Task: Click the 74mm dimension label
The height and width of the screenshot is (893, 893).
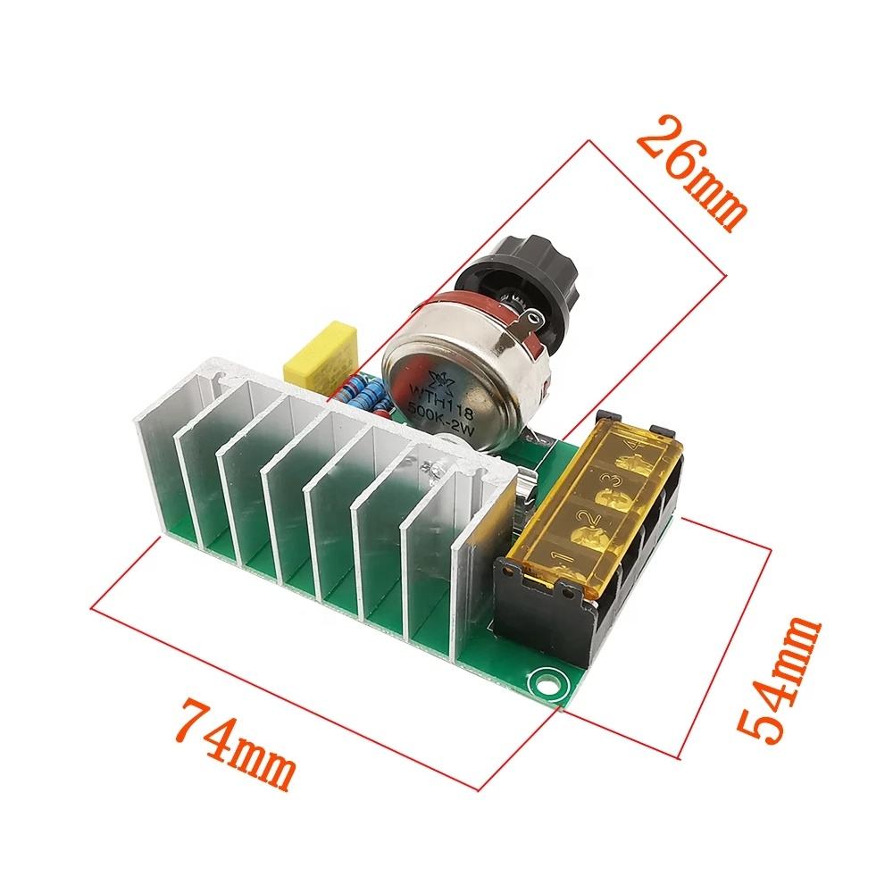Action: pyautogui.click(x=238, y=746)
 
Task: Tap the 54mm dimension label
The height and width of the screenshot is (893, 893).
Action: pyautogui.click(x=779, y=681)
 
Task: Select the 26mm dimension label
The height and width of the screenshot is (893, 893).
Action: pyautogui.click(x=691, y=173)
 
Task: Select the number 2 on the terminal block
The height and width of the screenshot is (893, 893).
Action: pyautogui.click(x=588, y=518)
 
